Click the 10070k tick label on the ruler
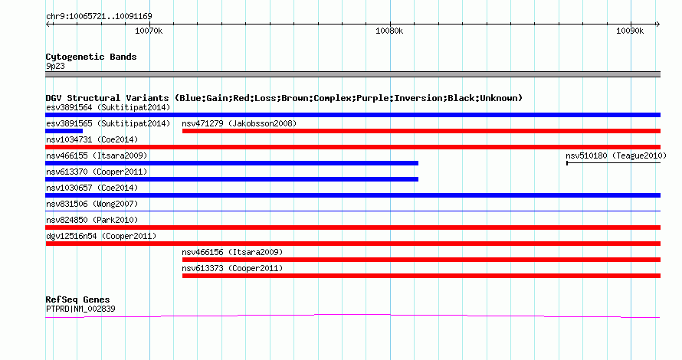(149, 31)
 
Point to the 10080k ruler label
(389, 31)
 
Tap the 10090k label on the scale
(630, 31)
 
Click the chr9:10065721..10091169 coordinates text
(99, 17)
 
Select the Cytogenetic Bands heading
(91, 57)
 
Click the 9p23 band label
(55, 66)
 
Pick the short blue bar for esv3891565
(64, 131)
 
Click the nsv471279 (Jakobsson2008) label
(239, 123)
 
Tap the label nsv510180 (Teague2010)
(616, 155)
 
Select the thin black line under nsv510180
(613, 163)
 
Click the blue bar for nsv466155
(232, 163)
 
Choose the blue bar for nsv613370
(232, 179)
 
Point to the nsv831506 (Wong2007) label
(92, 204)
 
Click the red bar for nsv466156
(421, 260)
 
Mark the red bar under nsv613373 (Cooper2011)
(421, 276)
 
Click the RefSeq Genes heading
(77, 299)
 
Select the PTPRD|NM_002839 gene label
(80, 309)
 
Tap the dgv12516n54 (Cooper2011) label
(101, 236)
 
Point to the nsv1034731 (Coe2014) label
(92, 139)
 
